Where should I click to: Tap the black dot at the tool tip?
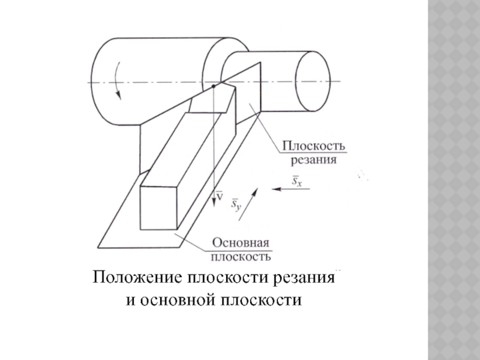click(212, 87)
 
